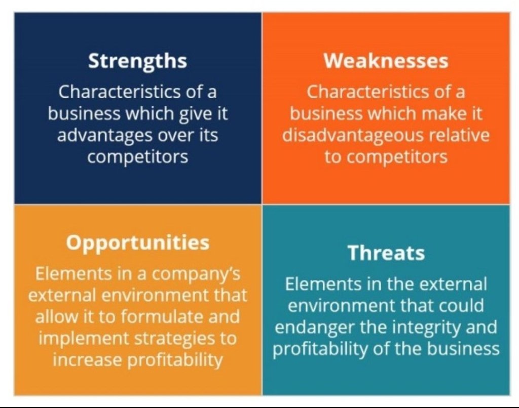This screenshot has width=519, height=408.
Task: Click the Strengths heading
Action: click(x=138, y=61)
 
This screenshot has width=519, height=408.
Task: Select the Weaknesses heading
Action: click(x=386, y=61)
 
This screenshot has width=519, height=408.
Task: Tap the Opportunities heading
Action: click(x=138, y=243)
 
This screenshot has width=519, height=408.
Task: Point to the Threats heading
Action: click(x=386, y=253)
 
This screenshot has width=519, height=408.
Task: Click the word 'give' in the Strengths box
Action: click(x=194, y=114)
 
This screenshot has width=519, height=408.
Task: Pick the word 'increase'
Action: click(x=88, y=360)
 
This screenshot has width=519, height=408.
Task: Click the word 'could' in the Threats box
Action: click(x=462, y=305)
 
